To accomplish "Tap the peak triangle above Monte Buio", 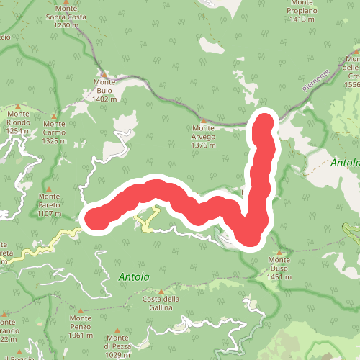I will coord(104,74).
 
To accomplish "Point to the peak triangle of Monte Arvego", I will coord(204,121).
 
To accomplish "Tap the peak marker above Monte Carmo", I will coord(54,116).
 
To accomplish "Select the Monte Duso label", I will coord(279,269).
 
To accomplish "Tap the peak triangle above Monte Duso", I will coord(279,253).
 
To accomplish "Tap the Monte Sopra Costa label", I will coord(66,16).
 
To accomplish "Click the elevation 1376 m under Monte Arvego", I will coord(204,145).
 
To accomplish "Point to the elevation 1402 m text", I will coord(104,99).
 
